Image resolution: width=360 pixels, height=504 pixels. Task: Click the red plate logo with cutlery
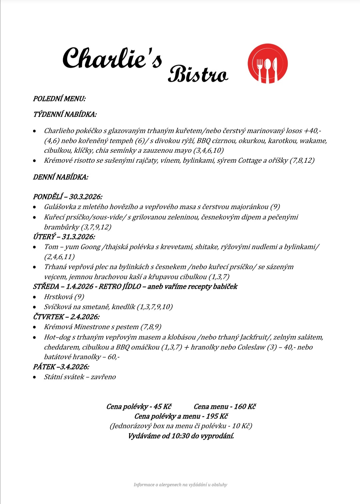[x=267, y=63]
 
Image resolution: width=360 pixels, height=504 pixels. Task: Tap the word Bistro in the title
[x=198, y=74]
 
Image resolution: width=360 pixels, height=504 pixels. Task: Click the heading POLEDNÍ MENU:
[x=59, y=99]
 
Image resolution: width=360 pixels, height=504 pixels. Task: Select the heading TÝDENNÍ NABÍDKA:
[x=65, y=114]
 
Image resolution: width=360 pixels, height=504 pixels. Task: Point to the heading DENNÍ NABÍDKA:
[x=60, y=177]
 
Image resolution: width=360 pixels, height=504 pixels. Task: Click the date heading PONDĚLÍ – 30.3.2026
[x=67, y=197]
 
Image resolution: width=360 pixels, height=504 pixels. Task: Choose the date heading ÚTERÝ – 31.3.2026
[x=64, y=237]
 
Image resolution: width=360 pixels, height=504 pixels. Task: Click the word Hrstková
[x=58, y=297]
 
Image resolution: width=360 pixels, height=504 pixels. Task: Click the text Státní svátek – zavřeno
[x=80, y=377]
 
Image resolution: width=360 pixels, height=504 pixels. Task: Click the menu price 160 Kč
[x=245, y=407]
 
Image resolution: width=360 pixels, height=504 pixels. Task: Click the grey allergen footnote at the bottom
[x=180, y=485]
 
